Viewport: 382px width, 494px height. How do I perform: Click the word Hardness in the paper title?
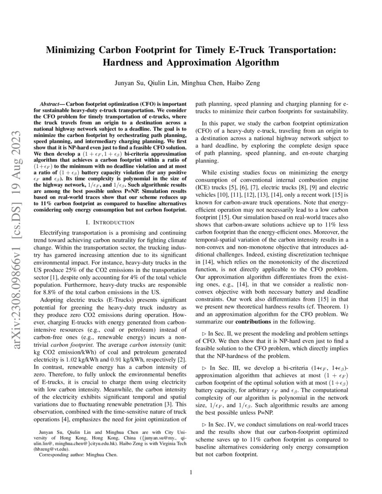(124, 62)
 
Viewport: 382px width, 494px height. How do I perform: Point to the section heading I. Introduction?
(110, 222)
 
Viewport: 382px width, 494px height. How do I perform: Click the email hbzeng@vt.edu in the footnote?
(53, 448)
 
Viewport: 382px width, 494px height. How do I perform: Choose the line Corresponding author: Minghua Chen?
(78, 454)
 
